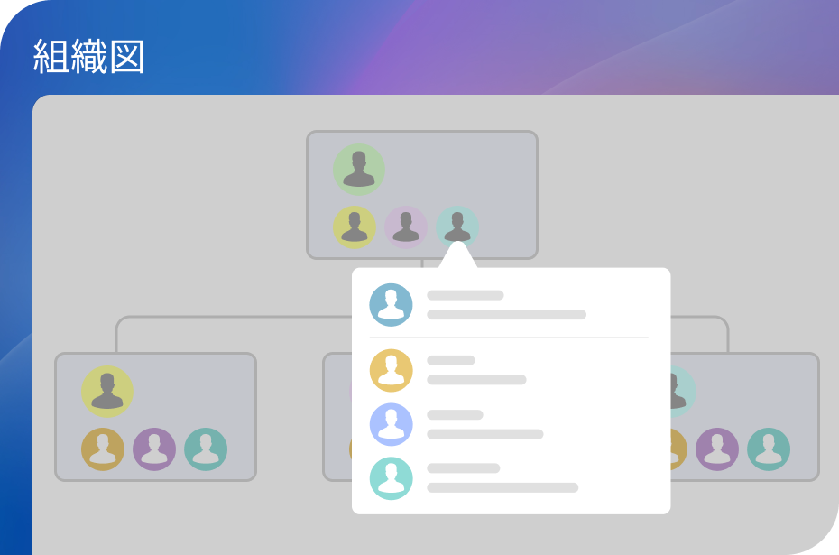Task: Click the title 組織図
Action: pyautogui.click(x=88, y=56)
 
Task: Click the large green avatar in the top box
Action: pyautogui.click(x=358, y=169)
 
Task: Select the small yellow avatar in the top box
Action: pyautogui.click(x=355, y=227)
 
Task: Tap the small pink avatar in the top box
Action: pyautogui.click(x=406, y=227)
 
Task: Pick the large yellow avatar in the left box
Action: pyautogui.click(x=107, y=392)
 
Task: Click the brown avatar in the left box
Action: pyautogui.click(x=103, y=449)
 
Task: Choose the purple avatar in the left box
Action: pyautogui.click(x=154, y=449)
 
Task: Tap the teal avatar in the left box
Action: pyautogui.click(x=206, y=449)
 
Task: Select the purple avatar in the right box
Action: pyautogui.click(x=717, y=449)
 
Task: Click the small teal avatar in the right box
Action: pyautogui.click(x=769, y=449)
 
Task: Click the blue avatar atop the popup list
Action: pyautogui.click(x=392, y=305)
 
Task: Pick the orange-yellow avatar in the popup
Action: pyautogui.click(x=392, y=370)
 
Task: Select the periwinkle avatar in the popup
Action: pyautogui.click(x=392, y=424)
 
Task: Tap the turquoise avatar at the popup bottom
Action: pyautogui.click(x=392, y=478)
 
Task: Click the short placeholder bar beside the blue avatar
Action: pyautogui.click(x=466, y=295)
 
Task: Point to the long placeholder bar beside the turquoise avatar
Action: pyautogui.click(x=502, y=487)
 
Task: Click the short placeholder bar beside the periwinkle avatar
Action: pyautogui.click(x=455, y=415)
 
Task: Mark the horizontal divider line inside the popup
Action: pyautogui.click(x=509, y=338)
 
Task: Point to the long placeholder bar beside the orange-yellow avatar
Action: pyautogui.click(x=476, y=380)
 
